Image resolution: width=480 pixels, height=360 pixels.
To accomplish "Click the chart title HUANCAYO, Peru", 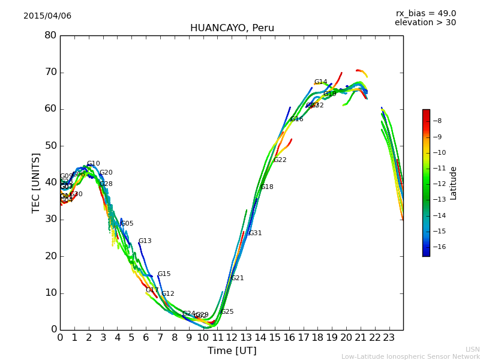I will coord(232,28).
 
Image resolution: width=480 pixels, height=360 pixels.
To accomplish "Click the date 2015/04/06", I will coord(47,16).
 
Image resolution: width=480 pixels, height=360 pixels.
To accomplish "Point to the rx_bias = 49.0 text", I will coord(425,14).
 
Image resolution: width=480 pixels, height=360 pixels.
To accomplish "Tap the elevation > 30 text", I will coord(425,23).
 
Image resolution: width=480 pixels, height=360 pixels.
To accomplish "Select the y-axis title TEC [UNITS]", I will coord(36,182).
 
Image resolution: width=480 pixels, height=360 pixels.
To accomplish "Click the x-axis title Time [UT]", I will coord(232,351).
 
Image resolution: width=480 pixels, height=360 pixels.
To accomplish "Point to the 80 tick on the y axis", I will coord(50,35).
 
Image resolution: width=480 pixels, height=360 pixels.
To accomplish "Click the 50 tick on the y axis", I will coord(50,146).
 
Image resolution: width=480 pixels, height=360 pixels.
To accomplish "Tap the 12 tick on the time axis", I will coord(232,337).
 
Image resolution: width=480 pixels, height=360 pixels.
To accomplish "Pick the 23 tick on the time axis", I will coord(389,337).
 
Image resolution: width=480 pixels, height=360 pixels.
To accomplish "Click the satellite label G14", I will coord(320,82).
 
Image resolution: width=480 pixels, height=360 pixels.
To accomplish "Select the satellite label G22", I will coord(280,160).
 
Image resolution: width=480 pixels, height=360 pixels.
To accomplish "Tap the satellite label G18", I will coord(267,187).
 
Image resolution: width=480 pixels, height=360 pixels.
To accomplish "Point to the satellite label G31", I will coord(255,233).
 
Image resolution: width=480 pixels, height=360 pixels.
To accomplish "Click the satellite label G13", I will coord(145,241).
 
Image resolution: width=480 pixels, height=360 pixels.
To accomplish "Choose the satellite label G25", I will coord(227,312).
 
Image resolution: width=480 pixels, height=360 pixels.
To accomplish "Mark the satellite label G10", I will coord(93,164).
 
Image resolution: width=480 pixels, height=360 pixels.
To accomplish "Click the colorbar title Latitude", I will coord(454,183).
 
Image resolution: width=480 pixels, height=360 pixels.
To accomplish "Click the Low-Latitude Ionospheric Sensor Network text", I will coord(410,356).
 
